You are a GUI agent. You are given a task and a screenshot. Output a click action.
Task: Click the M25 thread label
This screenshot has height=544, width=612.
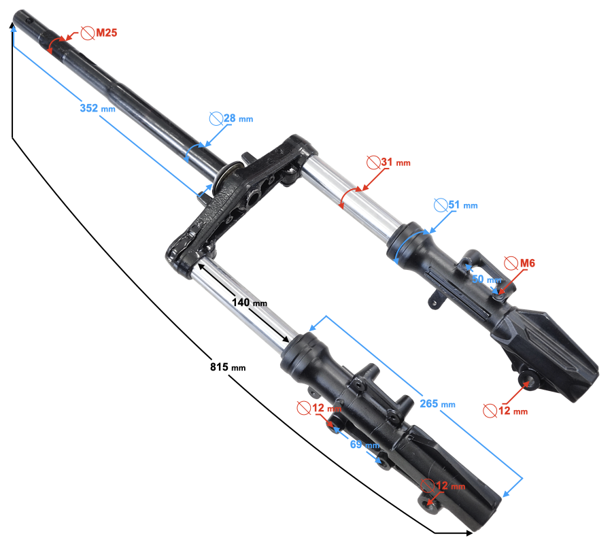(107, 33)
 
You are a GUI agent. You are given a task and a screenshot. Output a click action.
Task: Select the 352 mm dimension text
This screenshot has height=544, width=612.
(97, 108)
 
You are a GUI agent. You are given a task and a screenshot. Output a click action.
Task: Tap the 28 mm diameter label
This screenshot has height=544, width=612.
(238, 118)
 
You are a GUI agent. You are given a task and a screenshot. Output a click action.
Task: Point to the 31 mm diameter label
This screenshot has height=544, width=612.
(396, 162)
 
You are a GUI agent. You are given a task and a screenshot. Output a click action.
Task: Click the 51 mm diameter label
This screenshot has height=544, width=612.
(463, 205)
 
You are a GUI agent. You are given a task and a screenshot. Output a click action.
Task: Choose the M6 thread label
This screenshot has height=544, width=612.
(527, 263)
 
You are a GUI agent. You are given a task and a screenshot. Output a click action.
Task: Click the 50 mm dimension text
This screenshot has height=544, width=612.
(487, 279)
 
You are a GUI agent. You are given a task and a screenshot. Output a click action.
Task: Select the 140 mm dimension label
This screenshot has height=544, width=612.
(250, 303)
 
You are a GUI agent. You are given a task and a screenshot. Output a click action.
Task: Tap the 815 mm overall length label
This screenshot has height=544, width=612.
(228, 367)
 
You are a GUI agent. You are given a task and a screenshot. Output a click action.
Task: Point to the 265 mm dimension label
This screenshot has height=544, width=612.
(437, 403)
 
